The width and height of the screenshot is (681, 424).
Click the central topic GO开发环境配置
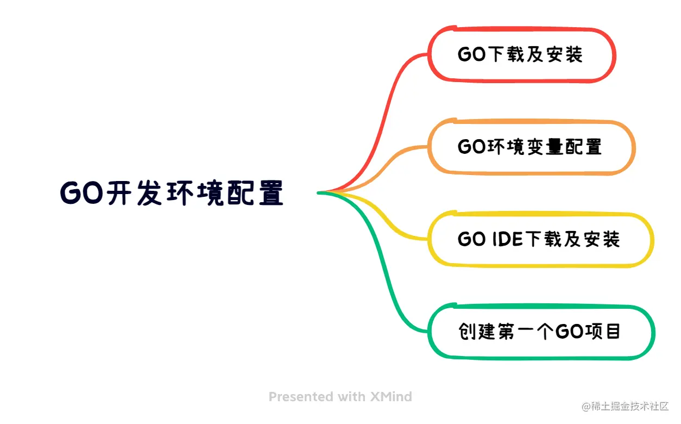click(x=172, y=193)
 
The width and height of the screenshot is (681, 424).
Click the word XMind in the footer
click(x=391, y=397)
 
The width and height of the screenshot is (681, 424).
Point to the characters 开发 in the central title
click(x=134, y=193)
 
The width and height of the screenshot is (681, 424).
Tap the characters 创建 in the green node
click(x=477, y=332)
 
